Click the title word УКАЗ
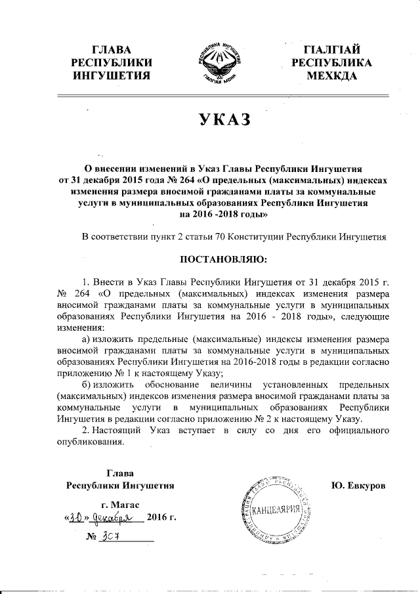pos(209,121)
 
